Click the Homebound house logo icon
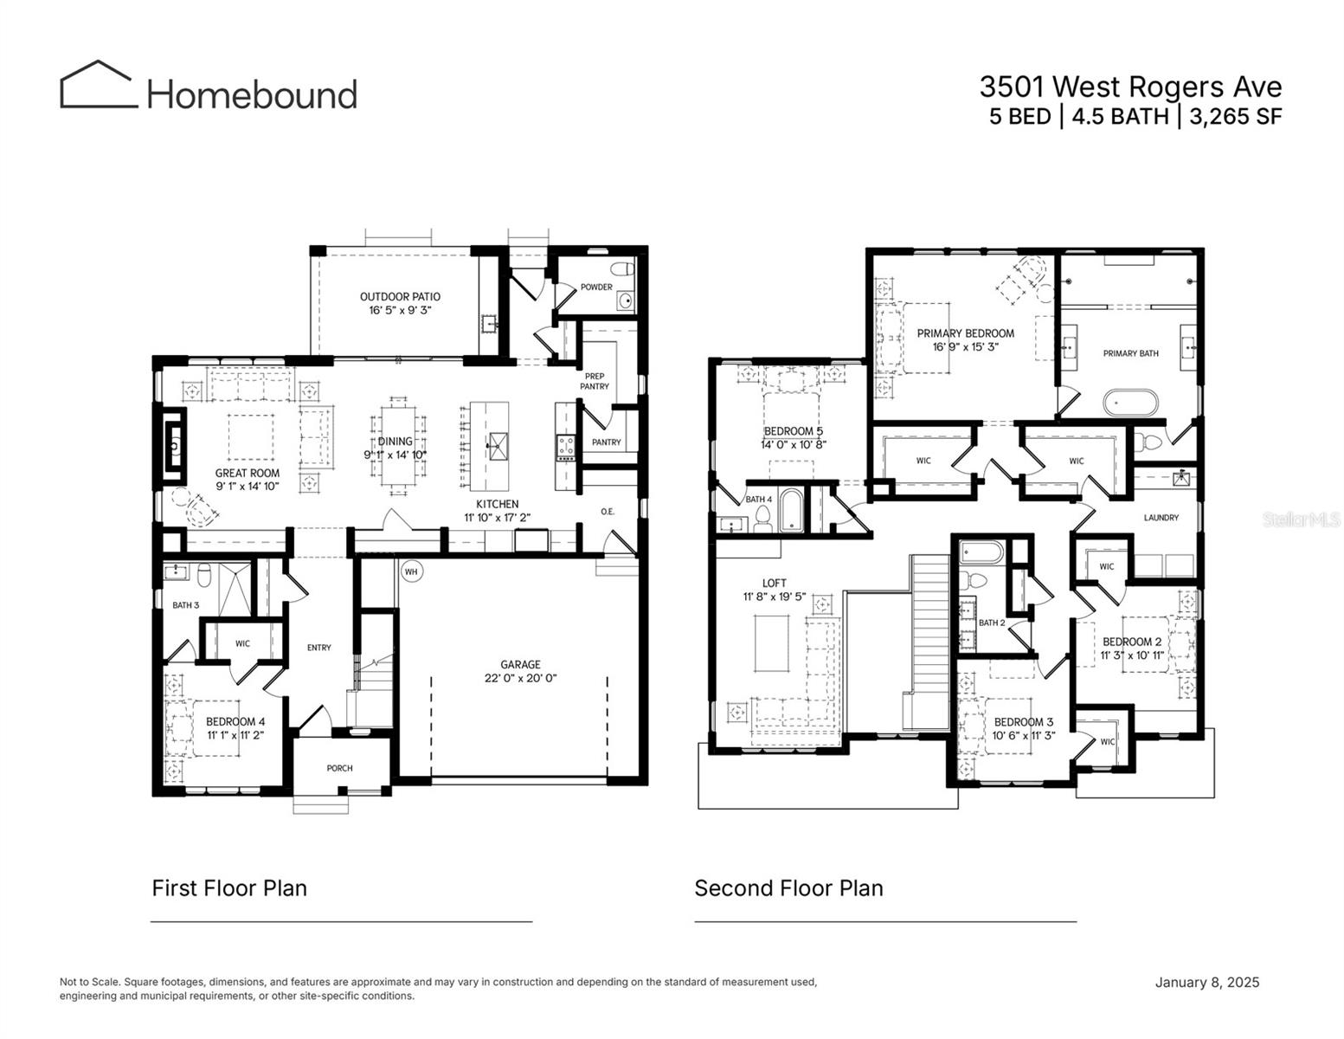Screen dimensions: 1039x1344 coord(98,85)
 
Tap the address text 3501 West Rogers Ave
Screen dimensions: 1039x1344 coord(1130,87)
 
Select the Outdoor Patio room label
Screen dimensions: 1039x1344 coord(400,297)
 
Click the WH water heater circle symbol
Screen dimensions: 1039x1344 coord(411,571)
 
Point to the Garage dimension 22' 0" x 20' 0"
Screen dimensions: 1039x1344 coord(520,679)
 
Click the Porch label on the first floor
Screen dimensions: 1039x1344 coord(339,768)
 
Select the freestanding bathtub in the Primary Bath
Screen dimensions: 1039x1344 coord(1122,403)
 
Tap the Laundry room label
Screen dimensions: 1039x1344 coord(1161,518)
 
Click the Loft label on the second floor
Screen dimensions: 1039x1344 coord(775,583)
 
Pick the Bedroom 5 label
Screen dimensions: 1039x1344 coord(793,431)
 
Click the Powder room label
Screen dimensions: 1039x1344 coord(596,287)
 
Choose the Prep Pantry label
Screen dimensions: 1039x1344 coord(595,381)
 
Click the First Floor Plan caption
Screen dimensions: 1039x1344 coord(229,888)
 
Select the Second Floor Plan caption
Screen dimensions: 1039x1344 coord(788,888)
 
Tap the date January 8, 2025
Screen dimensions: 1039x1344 coord(1206,982)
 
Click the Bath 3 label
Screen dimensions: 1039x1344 coord(185,605)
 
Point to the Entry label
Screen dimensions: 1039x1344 coord(318,648)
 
